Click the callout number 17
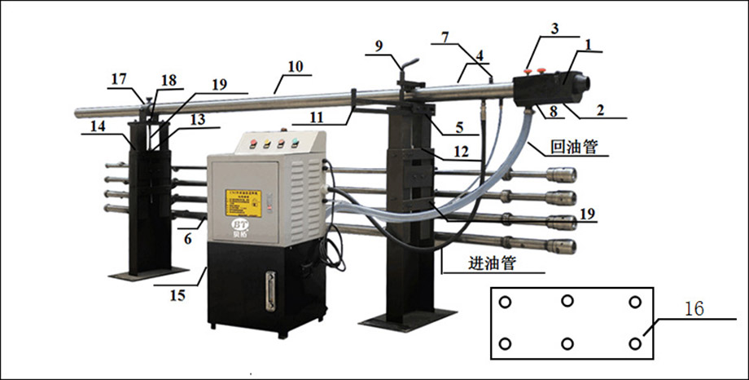[120, 78]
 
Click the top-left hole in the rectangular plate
[505, 303]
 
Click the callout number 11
[318, 117]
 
